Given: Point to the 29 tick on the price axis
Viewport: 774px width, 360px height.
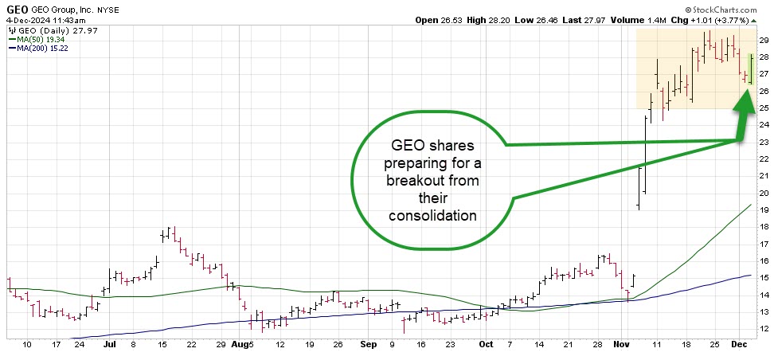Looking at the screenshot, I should point(762,40).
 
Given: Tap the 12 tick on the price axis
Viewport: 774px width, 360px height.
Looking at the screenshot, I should point(762,329).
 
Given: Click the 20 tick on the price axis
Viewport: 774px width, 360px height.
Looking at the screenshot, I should point(762,193).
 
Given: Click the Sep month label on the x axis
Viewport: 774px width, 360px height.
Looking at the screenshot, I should point(367,345).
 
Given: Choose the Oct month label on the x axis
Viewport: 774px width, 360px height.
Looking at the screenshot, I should point(487,345).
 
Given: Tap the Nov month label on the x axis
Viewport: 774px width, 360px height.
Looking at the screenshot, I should point(622,345).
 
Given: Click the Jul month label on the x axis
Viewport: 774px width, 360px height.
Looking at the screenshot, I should point(110,345).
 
